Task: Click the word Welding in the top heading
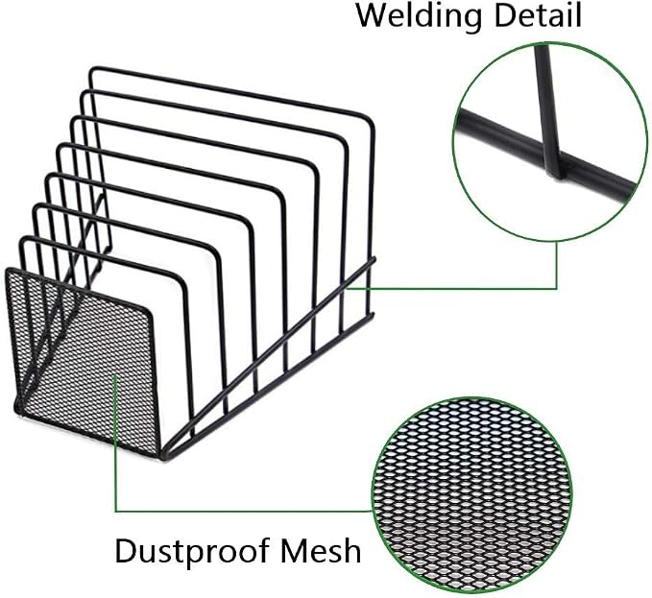pyautogui.click(x=419, y=15)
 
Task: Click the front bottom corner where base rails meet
pyautogui.click(x=163, y=456)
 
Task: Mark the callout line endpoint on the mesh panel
pyautogui.click(x=115, y=375)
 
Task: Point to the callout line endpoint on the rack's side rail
pyautogui.click(x=348, y=288)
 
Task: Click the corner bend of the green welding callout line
pyautogui.click(x=556, y=288)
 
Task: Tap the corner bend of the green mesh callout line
pyautogui.click(x=115, y=511)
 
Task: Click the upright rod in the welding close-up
pyautogui.click(x=548, y=111)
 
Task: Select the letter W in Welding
pyautogui.click(x=373, y=15)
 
